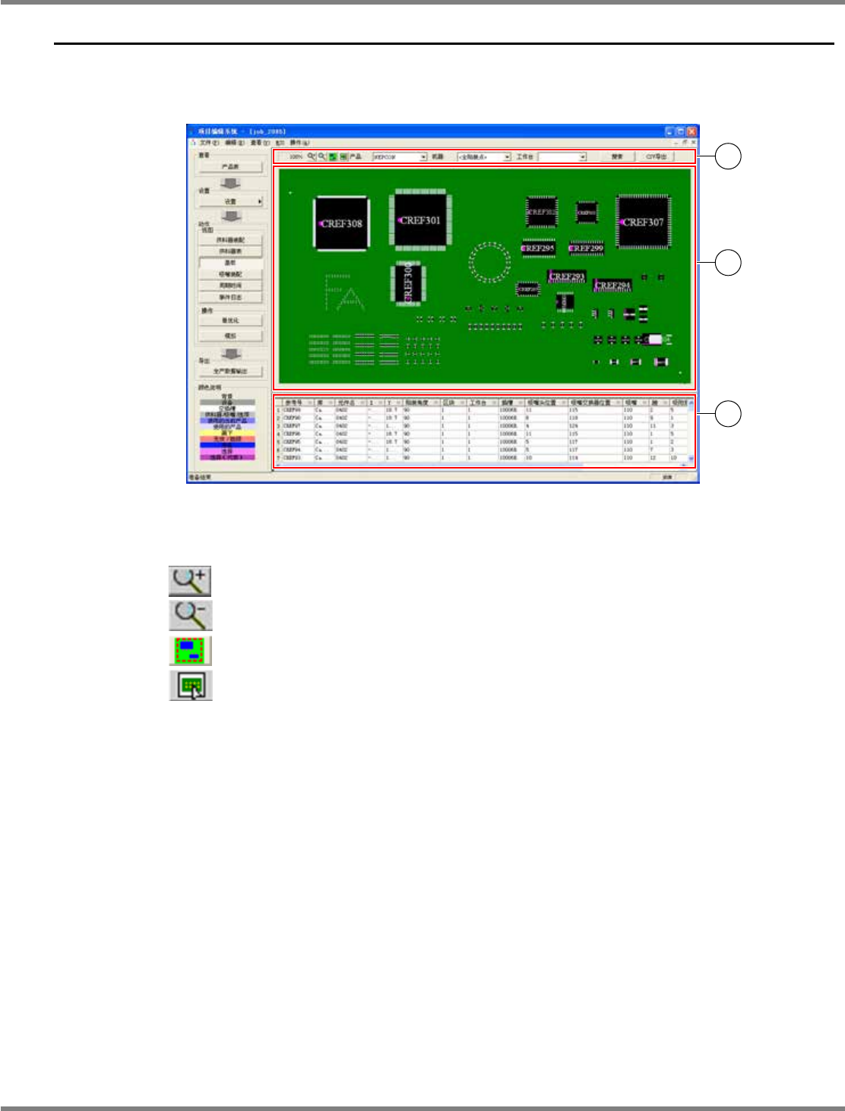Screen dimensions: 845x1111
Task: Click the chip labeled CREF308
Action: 341,224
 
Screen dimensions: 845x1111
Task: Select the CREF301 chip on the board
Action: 419,220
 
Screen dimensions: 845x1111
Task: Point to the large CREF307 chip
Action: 643,222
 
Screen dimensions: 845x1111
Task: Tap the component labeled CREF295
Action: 538,248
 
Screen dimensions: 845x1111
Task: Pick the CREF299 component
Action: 586,248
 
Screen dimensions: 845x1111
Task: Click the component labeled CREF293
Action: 566,276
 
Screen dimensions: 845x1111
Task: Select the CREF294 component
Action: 612,286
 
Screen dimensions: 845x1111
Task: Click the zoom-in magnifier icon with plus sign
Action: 190,581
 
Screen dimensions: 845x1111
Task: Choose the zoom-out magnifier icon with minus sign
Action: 190,615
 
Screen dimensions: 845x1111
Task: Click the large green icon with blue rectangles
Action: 190,651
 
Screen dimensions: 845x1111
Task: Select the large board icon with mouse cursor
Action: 190,686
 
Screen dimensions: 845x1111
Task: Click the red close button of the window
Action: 692,131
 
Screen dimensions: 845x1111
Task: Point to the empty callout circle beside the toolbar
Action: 728,156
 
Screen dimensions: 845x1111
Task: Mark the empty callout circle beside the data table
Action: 728,414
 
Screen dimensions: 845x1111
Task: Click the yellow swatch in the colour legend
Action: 227,433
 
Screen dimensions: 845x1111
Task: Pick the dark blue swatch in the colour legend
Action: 227,445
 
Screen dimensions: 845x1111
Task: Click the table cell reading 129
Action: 574,426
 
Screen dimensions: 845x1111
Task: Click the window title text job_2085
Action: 266,132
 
